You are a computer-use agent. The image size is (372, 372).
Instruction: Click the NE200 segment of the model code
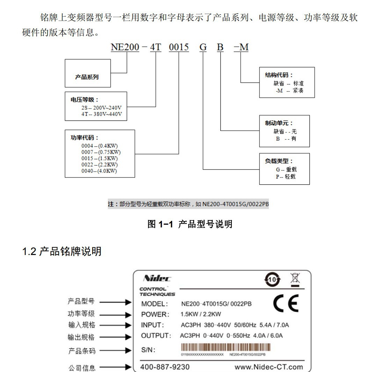click(125, 47)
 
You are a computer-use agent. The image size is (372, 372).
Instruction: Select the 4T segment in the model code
click(155, 47)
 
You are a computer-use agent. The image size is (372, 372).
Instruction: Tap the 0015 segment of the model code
click(179, 47)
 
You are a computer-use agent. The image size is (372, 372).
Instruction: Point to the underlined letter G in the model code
click(203, 47)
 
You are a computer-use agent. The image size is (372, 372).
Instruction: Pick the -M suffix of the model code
click(241, 47)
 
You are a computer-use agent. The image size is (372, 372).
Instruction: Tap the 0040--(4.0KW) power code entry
click(99, 171)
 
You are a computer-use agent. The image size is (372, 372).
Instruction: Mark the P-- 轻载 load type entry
click(285, 177)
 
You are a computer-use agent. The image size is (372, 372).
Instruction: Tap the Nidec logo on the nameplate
click(157, 278)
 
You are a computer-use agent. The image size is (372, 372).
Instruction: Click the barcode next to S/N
click(226, 348)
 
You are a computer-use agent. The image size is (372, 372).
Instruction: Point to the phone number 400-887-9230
click(165, 367)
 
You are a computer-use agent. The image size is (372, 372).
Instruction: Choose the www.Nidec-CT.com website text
click(269, 367)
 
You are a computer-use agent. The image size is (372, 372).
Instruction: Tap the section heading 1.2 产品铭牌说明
click(62, 251)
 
